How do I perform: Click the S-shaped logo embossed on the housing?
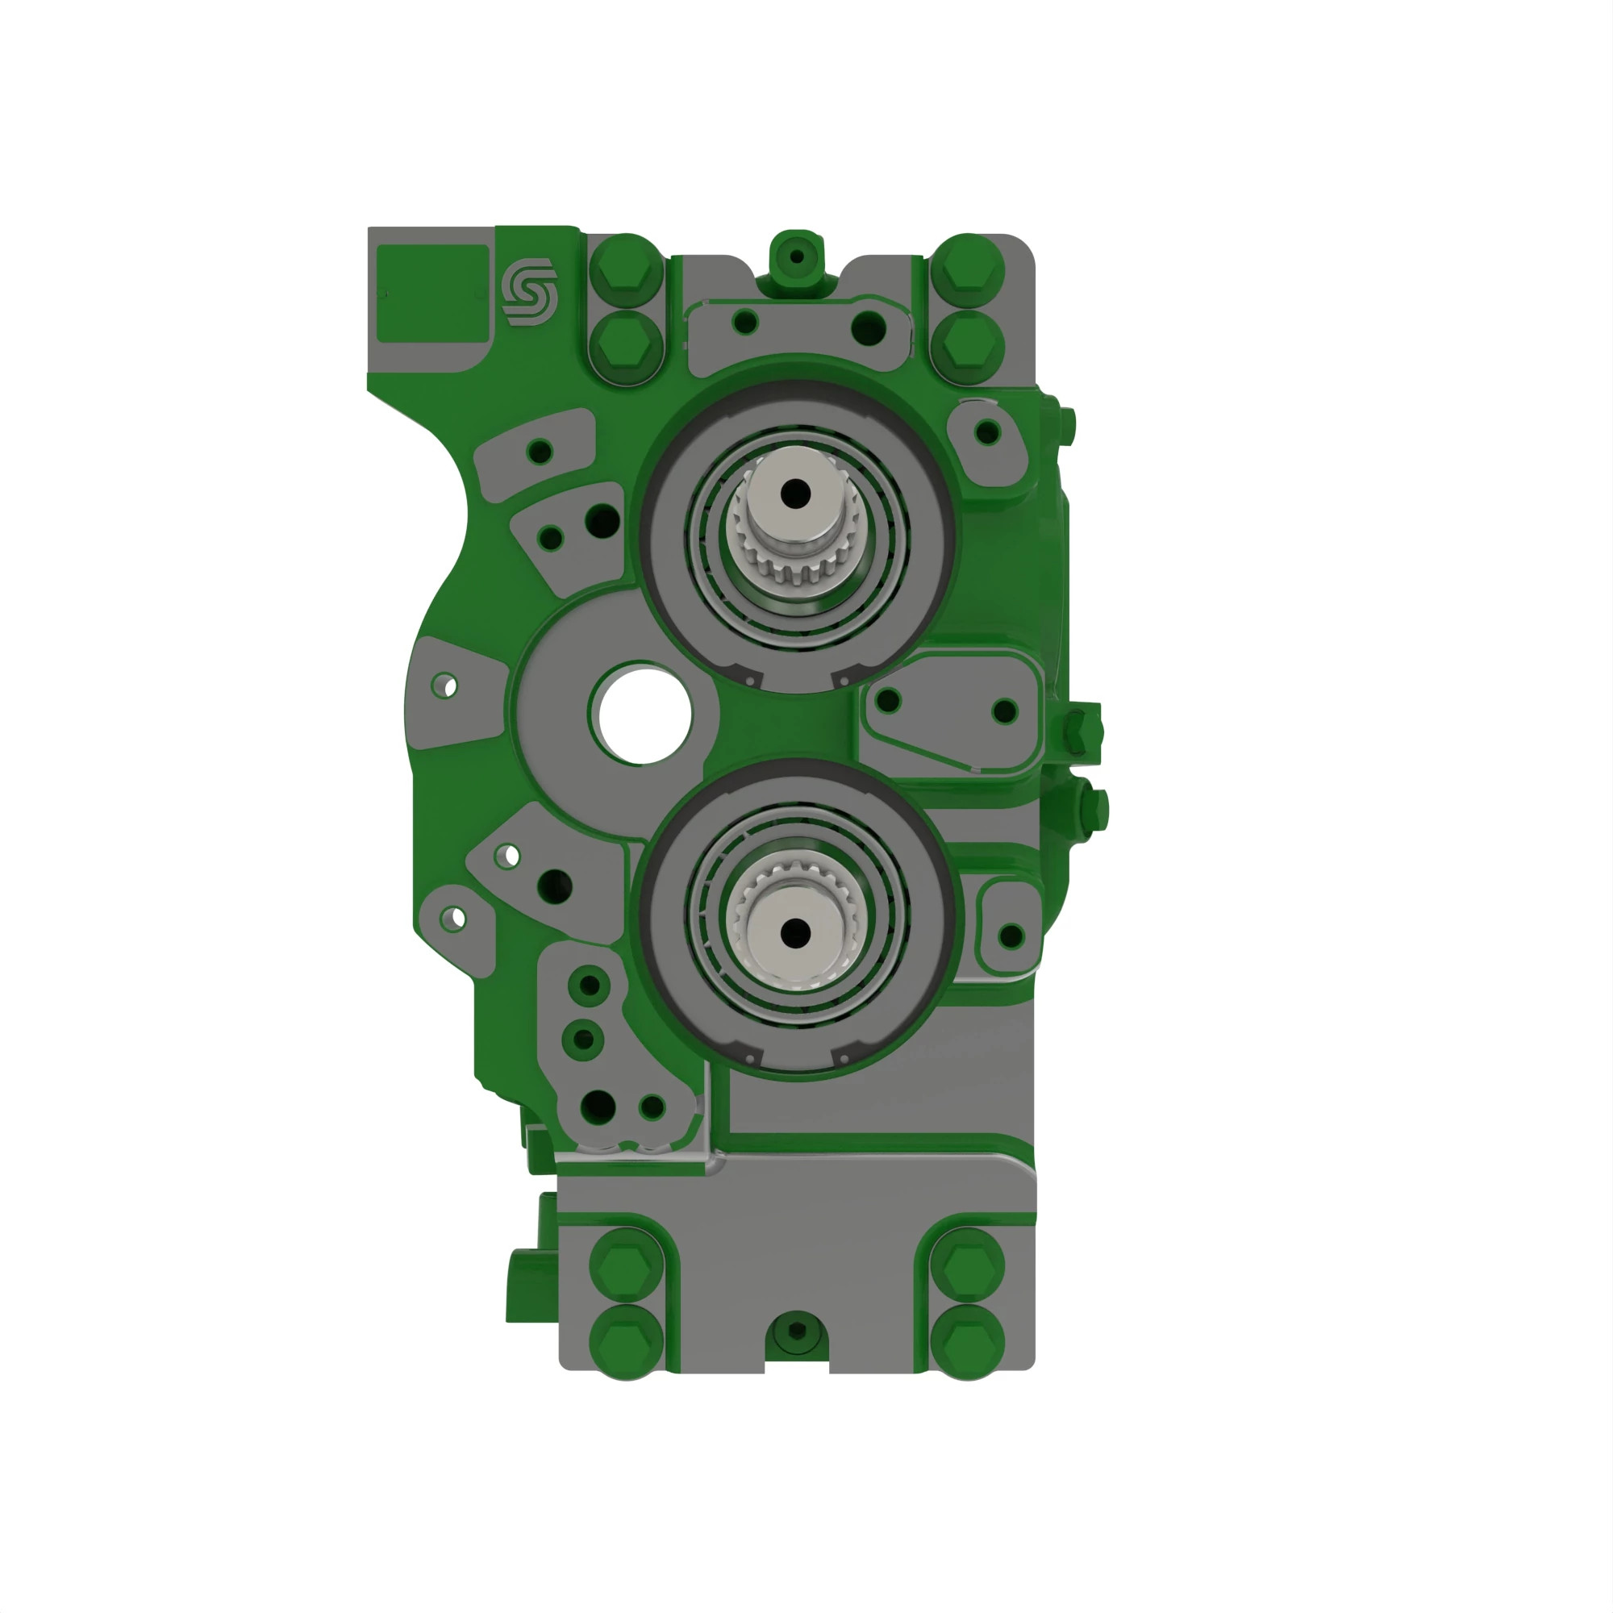[528, 291]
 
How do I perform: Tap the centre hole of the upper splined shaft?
[796, 493]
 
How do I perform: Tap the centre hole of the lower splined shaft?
[796, 929]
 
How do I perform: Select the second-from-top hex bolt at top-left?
[626, 347]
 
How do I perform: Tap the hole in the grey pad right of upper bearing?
[988, 432]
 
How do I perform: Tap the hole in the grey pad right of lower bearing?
[1011, 935]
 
